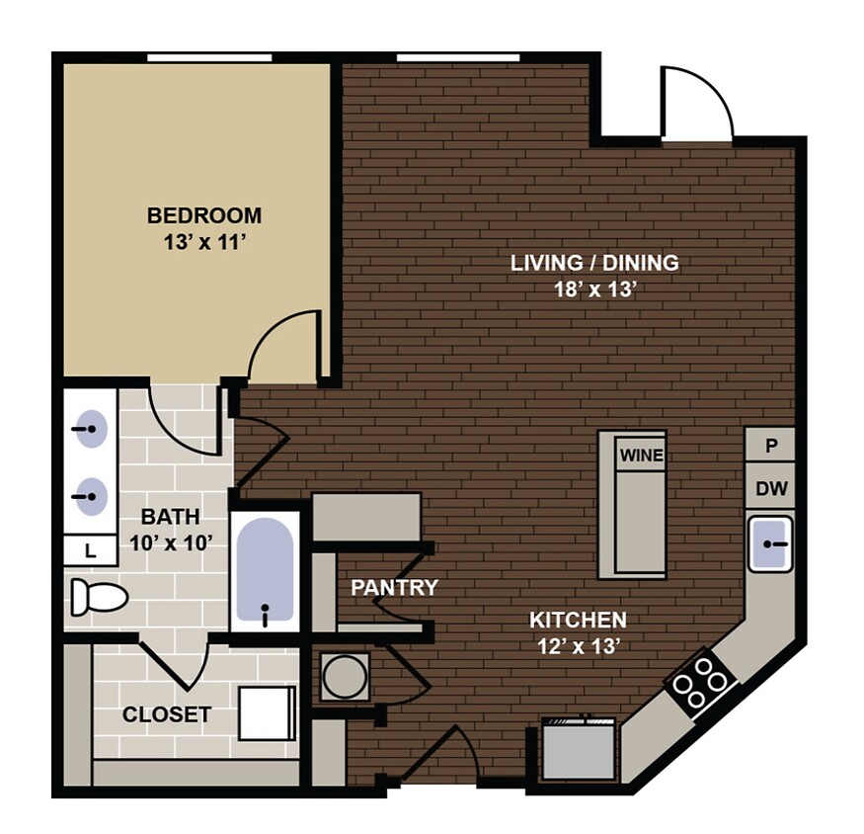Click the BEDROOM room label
coord(204,215)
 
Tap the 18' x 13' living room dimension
coord(594,290)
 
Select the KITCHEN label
coord(578,621)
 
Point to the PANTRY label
coord(395,588)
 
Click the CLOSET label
coord(167,714)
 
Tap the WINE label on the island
coord(641,456)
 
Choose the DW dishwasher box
coord(771,488)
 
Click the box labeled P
coord(771,446)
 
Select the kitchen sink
coord(770,544)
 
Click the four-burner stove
coord(702,681)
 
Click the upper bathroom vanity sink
coord(91,431)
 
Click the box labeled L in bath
coord(91,551)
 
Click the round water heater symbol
coord(345,678)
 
